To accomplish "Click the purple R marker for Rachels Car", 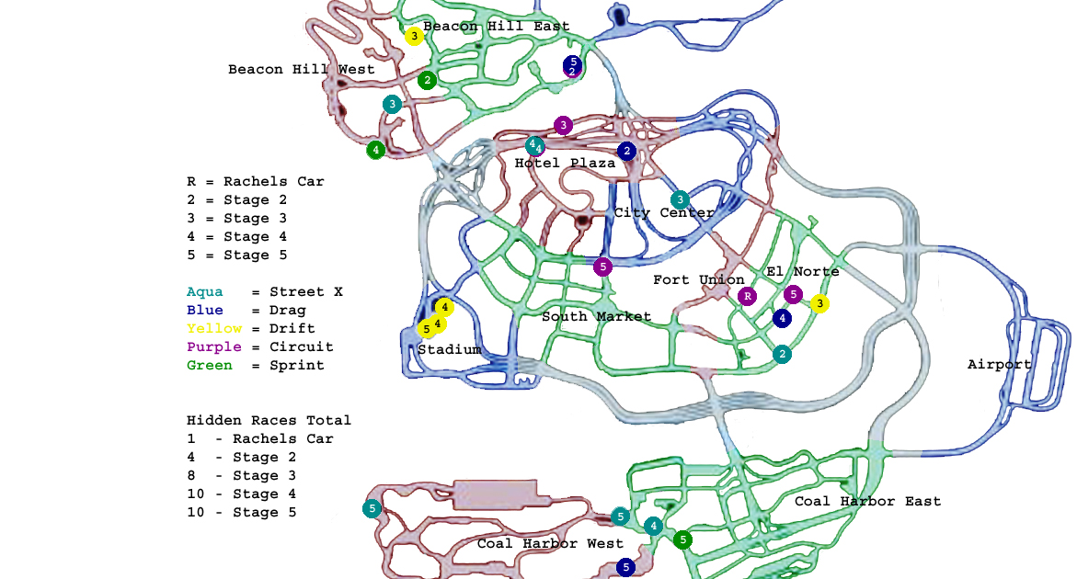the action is pos(747,296).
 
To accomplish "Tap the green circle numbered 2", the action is pos(427,80).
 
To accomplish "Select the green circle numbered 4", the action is pos(375,149).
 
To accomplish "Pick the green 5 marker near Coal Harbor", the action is pos(682,539).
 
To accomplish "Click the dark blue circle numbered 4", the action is pos(782,318).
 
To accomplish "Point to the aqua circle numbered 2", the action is pos(782,354).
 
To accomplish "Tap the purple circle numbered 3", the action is pos(563,125).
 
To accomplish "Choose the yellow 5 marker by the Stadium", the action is pos(426,328).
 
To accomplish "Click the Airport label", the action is pos(1000,365).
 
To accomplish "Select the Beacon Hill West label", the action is pos(302,70).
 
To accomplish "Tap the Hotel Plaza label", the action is pos(565,164).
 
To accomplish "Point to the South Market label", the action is pos(596,317).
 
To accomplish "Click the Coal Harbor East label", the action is pos(867,502).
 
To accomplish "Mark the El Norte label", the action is pos(802,272).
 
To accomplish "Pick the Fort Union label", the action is pos(699,280).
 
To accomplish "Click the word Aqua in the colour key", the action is pos(204,292).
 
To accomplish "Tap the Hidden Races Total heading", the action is pos(269,421).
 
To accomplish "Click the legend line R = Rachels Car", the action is pos(256,182).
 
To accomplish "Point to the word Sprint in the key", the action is pos(296,366).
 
